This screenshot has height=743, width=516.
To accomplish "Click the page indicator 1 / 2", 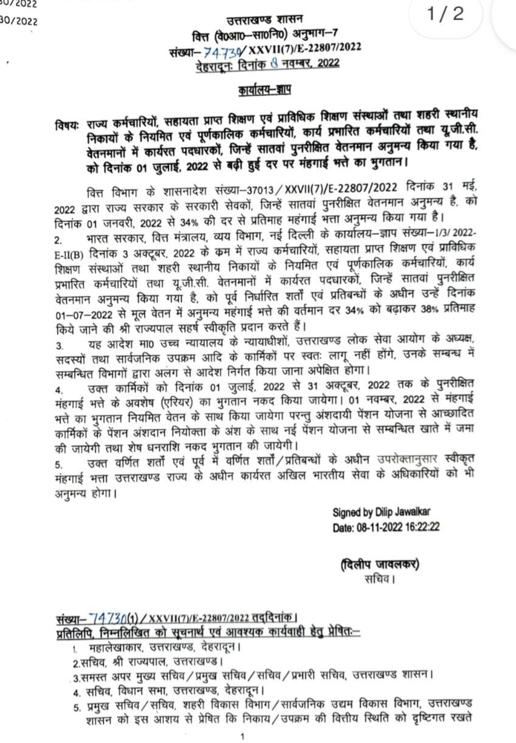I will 445,14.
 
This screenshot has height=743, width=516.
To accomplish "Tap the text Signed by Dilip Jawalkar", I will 381,513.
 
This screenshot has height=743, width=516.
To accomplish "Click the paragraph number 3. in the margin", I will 59,345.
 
